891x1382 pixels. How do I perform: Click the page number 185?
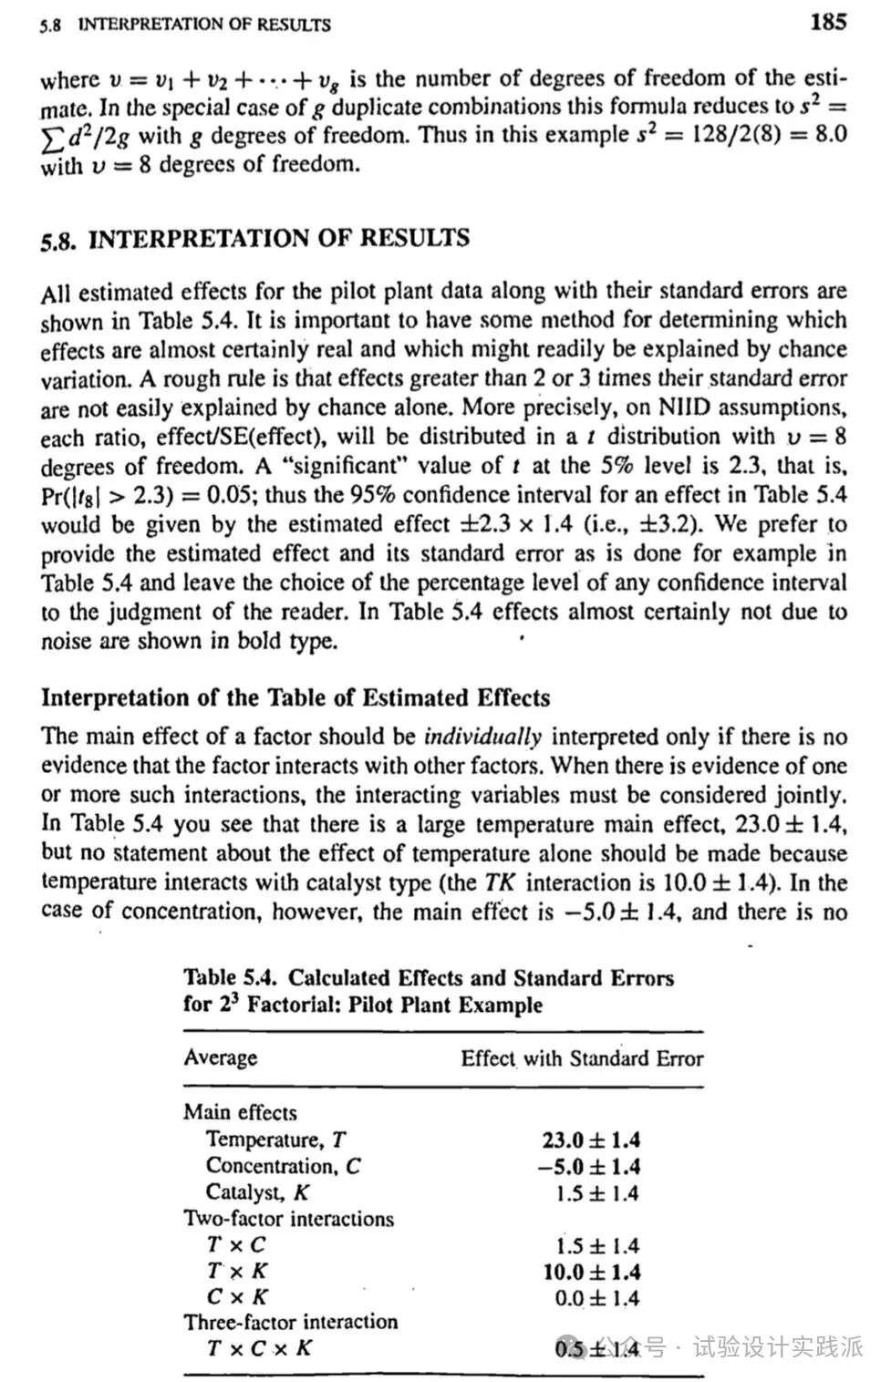(x=827, y=21)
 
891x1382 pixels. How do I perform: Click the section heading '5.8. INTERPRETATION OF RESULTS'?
(x=255, y=239)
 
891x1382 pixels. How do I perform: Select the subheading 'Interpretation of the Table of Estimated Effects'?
(x=295, y=698)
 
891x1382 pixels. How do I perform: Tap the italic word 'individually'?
(x=482, y=737)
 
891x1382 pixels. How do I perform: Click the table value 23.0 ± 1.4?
(x=590, y=1140)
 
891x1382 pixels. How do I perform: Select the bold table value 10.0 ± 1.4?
(x=591, y=1272)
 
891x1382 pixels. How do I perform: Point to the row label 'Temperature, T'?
(x=275, y=1140)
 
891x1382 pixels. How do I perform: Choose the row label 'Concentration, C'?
(x=283, y=1166)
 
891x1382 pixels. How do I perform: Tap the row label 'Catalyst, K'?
(x=258, y=1192)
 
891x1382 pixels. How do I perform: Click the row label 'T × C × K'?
(x=259, y=1347)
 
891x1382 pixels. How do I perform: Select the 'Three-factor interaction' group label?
(x=290, y=1322)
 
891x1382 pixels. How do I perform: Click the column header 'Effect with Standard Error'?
(x=581, y=1058)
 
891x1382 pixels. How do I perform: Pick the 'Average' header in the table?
(x=220, y=1057)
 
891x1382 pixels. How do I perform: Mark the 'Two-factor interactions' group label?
(x=288, y=1219)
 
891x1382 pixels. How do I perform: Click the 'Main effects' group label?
(x=240, y=1112)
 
